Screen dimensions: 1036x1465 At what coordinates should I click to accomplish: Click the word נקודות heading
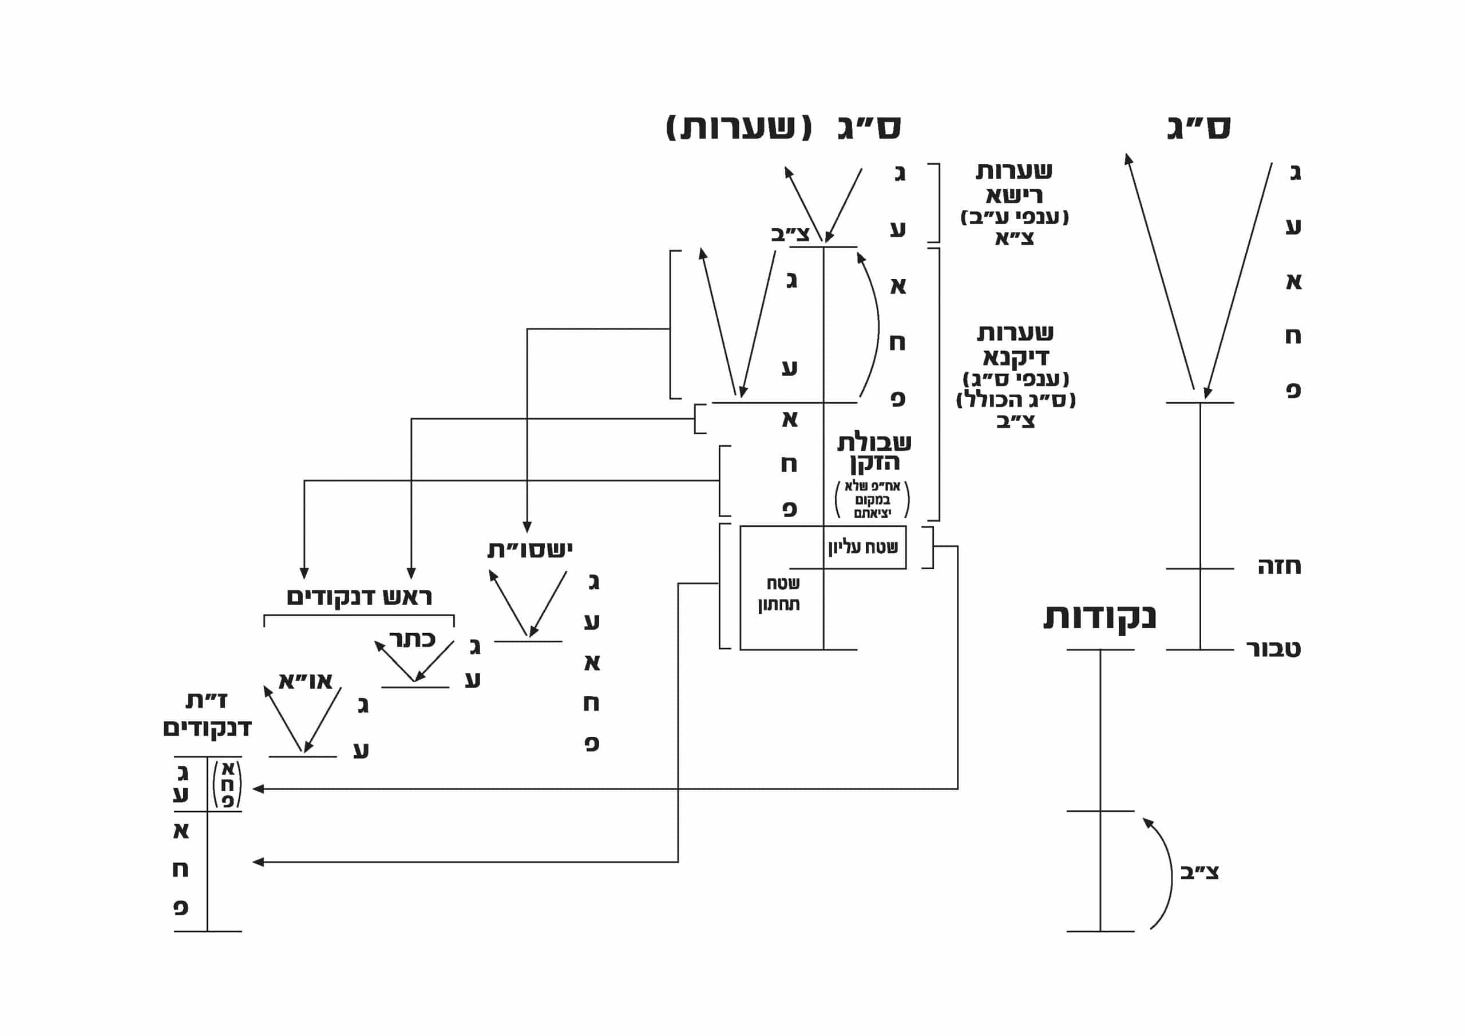(x=1099, y=617)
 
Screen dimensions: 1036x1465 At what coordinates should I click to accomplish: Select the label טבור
(x=1274, y=649)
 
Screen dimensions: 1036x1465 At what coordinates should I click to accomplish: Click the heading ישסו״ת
(x=529, y=549)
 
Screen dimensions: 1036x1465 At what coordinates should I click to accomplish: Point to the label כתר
(x=412, y=638)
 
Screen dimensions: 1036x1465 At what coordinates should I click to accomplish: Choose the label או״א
(x=306, y=681)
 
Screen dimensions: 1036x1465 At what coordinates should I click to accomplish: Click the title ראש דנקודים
(x=359, y=597)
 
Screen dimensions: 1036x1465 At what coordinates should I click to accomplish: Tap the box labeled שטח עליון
(x=864, y=547)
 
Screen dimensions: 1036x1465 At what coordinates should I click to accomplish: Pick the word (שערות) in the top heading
(x=739, y=128)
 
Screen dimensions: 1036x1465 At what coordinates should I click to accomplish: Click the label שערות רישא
(x=1014, y=182)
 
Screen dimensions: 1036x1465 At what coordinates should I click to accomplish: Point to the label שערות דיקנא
(x=1015, y=344)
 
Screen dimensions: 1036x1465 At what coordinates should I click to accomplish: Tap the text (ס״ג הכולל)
(x=1016, y=400)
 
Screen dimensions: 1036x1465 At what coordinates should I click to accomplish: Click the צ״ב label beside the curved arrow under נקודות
(x=1199, y=873)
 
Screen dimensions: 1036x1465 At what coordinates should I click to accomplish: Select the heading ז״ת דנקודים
(x=207, y=715)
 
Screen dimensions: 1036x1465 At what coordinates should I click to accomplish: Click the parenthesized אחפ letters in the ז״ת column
(x=227, y=785)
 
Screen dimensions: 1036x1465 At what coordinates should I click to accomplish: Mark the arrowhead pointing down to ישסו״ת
(x=527, y=527)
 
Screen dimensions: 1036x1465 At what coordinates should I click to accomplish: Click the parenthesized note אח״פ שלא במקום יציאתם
(x=872, y=499)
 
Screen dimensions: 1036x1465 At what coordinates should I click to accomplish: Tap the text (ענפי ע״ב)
(x=1014, y=217)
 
